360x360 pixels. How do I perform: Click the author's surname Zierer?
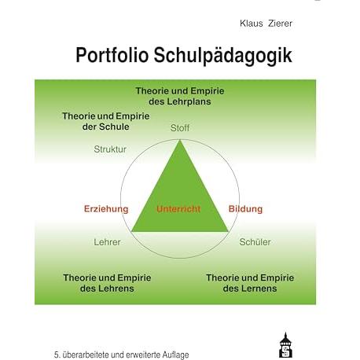click(x=280, y=24)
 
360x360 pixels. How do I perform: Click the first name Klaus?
click(x=251, y=24)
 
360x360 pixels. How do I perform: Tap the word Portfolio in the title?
click(x=112, y=55)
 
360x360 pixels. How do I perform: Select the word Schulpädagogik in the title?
click(x=222, y=56)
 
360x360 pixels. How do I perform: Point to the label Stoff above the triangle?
click(x=180, y=128)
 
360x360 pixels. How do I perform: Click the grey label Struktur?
click(x=110, y=149)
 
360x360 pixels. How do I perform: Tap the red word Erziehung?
click(x=106, y=209)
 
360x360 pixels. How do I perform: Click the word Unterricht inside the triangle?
click(x=178, y=209)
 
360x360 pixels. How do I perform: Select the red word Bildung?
click(x=245, y=209)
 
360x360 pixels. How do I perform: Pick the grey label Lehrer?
click(x=107, y=242)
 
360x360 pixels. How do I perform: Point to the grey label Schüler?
click(x=255, y=242)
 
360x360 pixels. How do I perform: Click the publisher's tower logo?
click(x=285, y=345)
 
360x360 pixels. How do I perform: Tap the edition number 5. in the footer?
click(x=57, y=355)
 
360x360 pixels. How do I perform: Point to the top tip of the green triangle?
click(x=180, y=140)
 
